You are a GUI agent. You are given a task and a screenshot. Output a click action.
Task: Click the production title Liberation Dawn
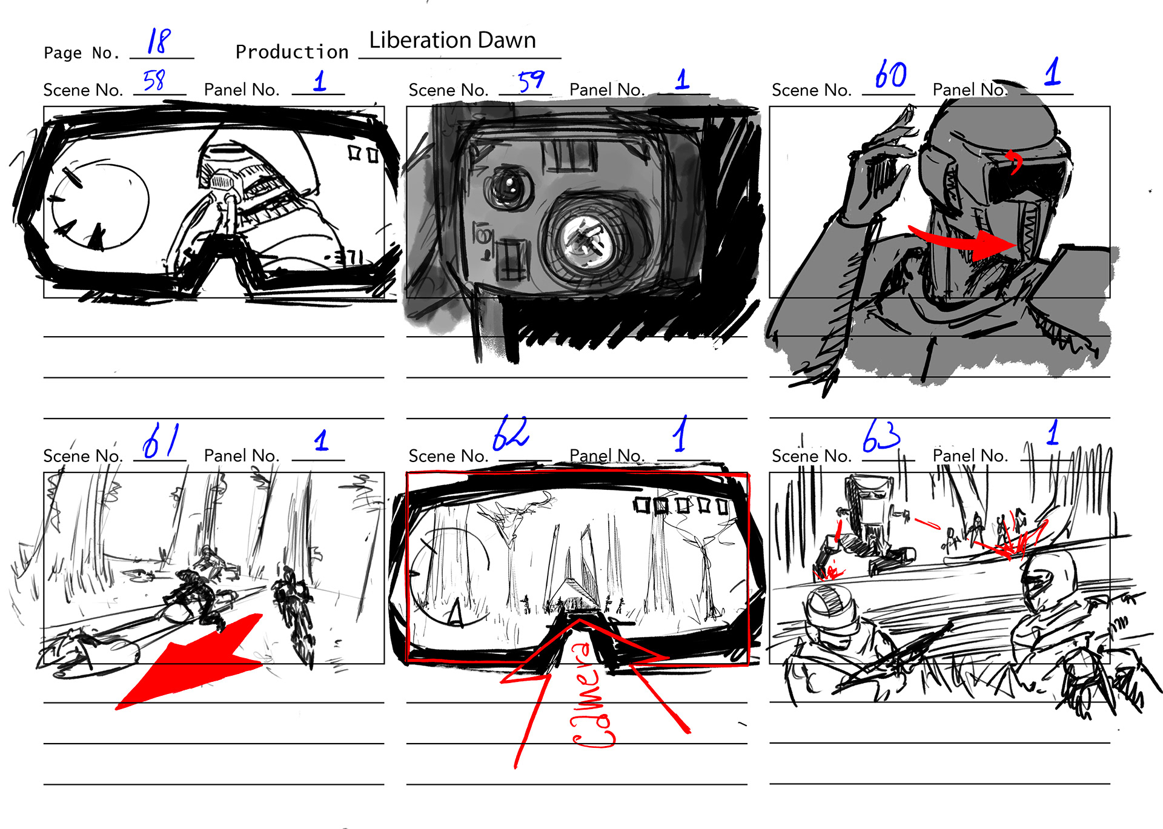pos(452,40)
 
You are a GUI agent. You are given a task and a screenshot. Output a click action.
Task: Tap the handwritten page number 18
pos(159,41)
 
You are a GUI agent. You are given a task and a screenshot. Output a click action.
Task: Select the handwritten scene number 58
pos(154,80)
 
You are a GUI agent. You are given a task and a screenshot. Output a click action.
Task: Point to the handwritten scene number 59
pos(531,80)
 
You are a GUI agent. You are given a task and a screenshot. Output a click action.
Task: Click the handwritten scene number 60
pos(890,75)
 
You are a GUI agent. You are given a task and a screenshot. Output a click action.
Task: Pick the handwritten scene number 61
pos(161,440)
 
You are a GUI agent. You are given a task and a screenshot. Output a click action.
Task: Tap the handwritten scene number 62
pos(511,433)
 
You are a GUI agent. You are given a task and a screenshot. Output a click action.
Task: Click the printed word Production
pos(292,52)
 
